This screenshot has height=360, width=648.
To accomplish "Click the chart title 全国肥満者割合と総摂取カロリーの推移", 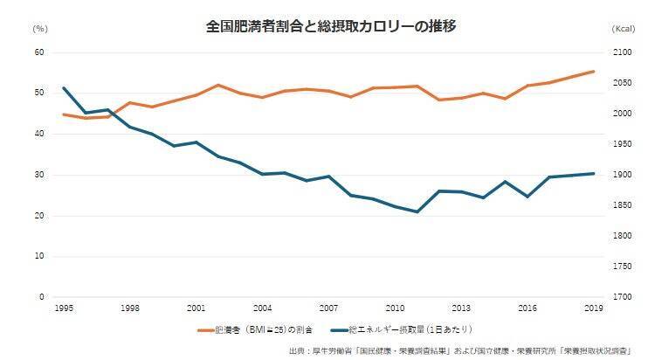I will [x=325, y=25].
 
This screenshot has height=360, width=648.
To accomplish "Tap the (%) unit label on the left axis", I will [x=40, y=29].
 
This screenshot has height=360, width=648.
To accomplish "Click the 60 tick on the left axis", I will [x=39, y=52].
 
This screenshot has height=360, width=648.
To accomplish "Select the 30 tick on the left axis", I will [x=39, y=175].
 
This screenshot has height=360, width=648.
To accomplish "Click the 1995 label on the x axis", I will [x=64, y=309].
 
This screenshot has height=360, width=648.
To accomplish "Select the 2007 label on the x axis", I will [x=328, y=309].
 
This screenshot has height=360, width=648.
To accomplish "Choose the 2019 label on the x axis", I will [x=593, y=309].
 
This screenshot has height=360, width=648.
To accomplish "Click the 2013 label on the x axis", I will [x=461, y=309].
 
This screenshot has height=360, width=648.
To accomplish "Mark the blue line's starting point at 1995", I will [x=64, y=88].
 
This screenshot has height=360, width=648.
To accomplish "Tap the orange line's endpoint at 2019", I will [x=594, y=72].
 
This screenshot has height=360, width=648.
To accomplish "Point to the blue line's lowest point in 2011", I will [x=417, y=211].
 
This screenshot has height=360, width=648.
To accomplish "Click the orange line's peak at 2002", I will [x=218, y=85].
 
